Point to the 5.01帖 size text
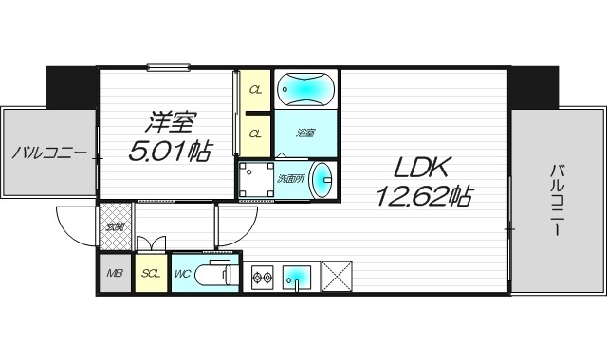(x=172, y=150)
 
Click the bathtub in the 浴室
(x=305, y=91)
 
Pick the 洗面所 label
(x=289, y=178)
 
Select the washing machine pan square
(x=255, y=180)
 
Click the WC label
(x=183, y=275)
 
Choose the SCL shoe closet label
(x=150, y=275)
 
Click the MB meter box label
(x=115, y=275)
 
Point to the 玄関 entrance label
(x=114, y=226)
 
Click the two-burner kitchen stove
(x=263, y=278)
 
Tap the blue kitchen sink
(x=297, y=277)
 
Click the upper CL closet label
(x=255, y=90)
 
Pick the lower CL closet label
(x=255, y=134)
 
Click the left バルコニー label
(x=49, y=153)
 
